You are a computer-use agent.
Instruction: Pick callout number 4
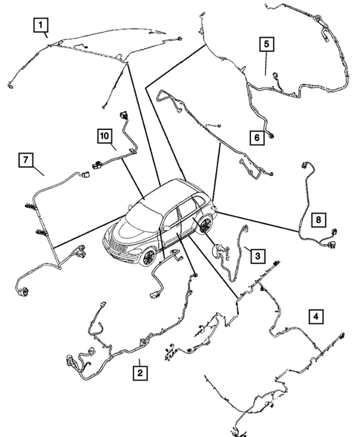[317, 317]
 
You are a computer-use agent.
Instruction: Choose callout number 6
[255, 138]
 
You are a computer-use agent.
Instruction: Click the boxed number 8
[317, 220]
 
